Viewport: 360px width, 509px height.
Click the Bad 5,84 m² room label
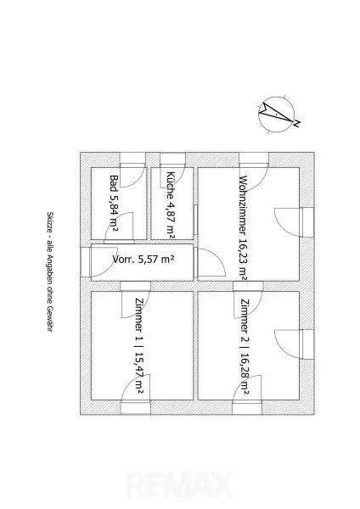coord(114,204)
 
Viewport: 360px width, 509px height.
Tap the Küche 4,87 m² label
coord(171,205)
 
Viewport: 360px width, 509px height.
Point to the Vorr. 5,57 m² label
coord(143,259)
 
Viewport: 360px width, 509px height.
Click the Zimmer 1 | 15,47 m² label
coord(139,346)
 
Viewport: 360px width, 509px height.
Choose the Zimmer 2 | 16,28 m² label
coord(245,346)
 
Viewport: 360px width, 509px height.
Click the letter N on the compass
coord(296,123)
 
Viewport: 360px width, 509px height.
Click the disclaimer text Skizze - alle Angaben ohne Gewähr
coord(50,272)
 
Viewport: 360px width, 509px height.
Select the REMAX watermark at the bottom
coord(180,484)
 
